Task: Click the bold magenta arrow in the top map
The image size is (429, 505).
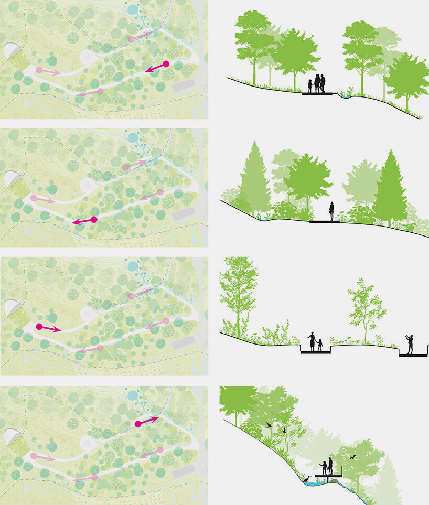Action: point(157,67)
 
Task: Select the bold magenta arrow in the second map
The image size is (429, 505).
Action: point(84,221)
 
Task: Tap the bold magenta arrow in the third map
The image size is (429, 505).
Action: point(49,328)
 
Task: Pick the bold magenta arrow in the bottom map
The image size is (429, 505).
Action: point(147,422)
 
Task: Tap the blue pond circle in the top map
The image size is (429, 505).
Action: point(133,9)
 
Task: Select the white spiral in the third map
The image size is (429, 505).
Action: point(87,314)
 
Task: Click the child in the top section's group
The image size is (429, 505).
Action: point(310,86)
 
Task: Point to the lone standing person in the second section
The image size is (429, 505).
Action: point(331,211)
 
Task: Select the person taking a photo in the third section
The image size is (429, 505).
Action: point(410,343)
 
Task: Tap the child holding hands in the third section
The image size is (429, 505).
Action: point(319,345)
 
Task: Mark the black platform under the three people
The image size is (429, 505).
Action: point(317,94)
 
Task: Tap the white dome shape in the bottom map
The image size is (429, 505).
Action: point(12,436)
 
